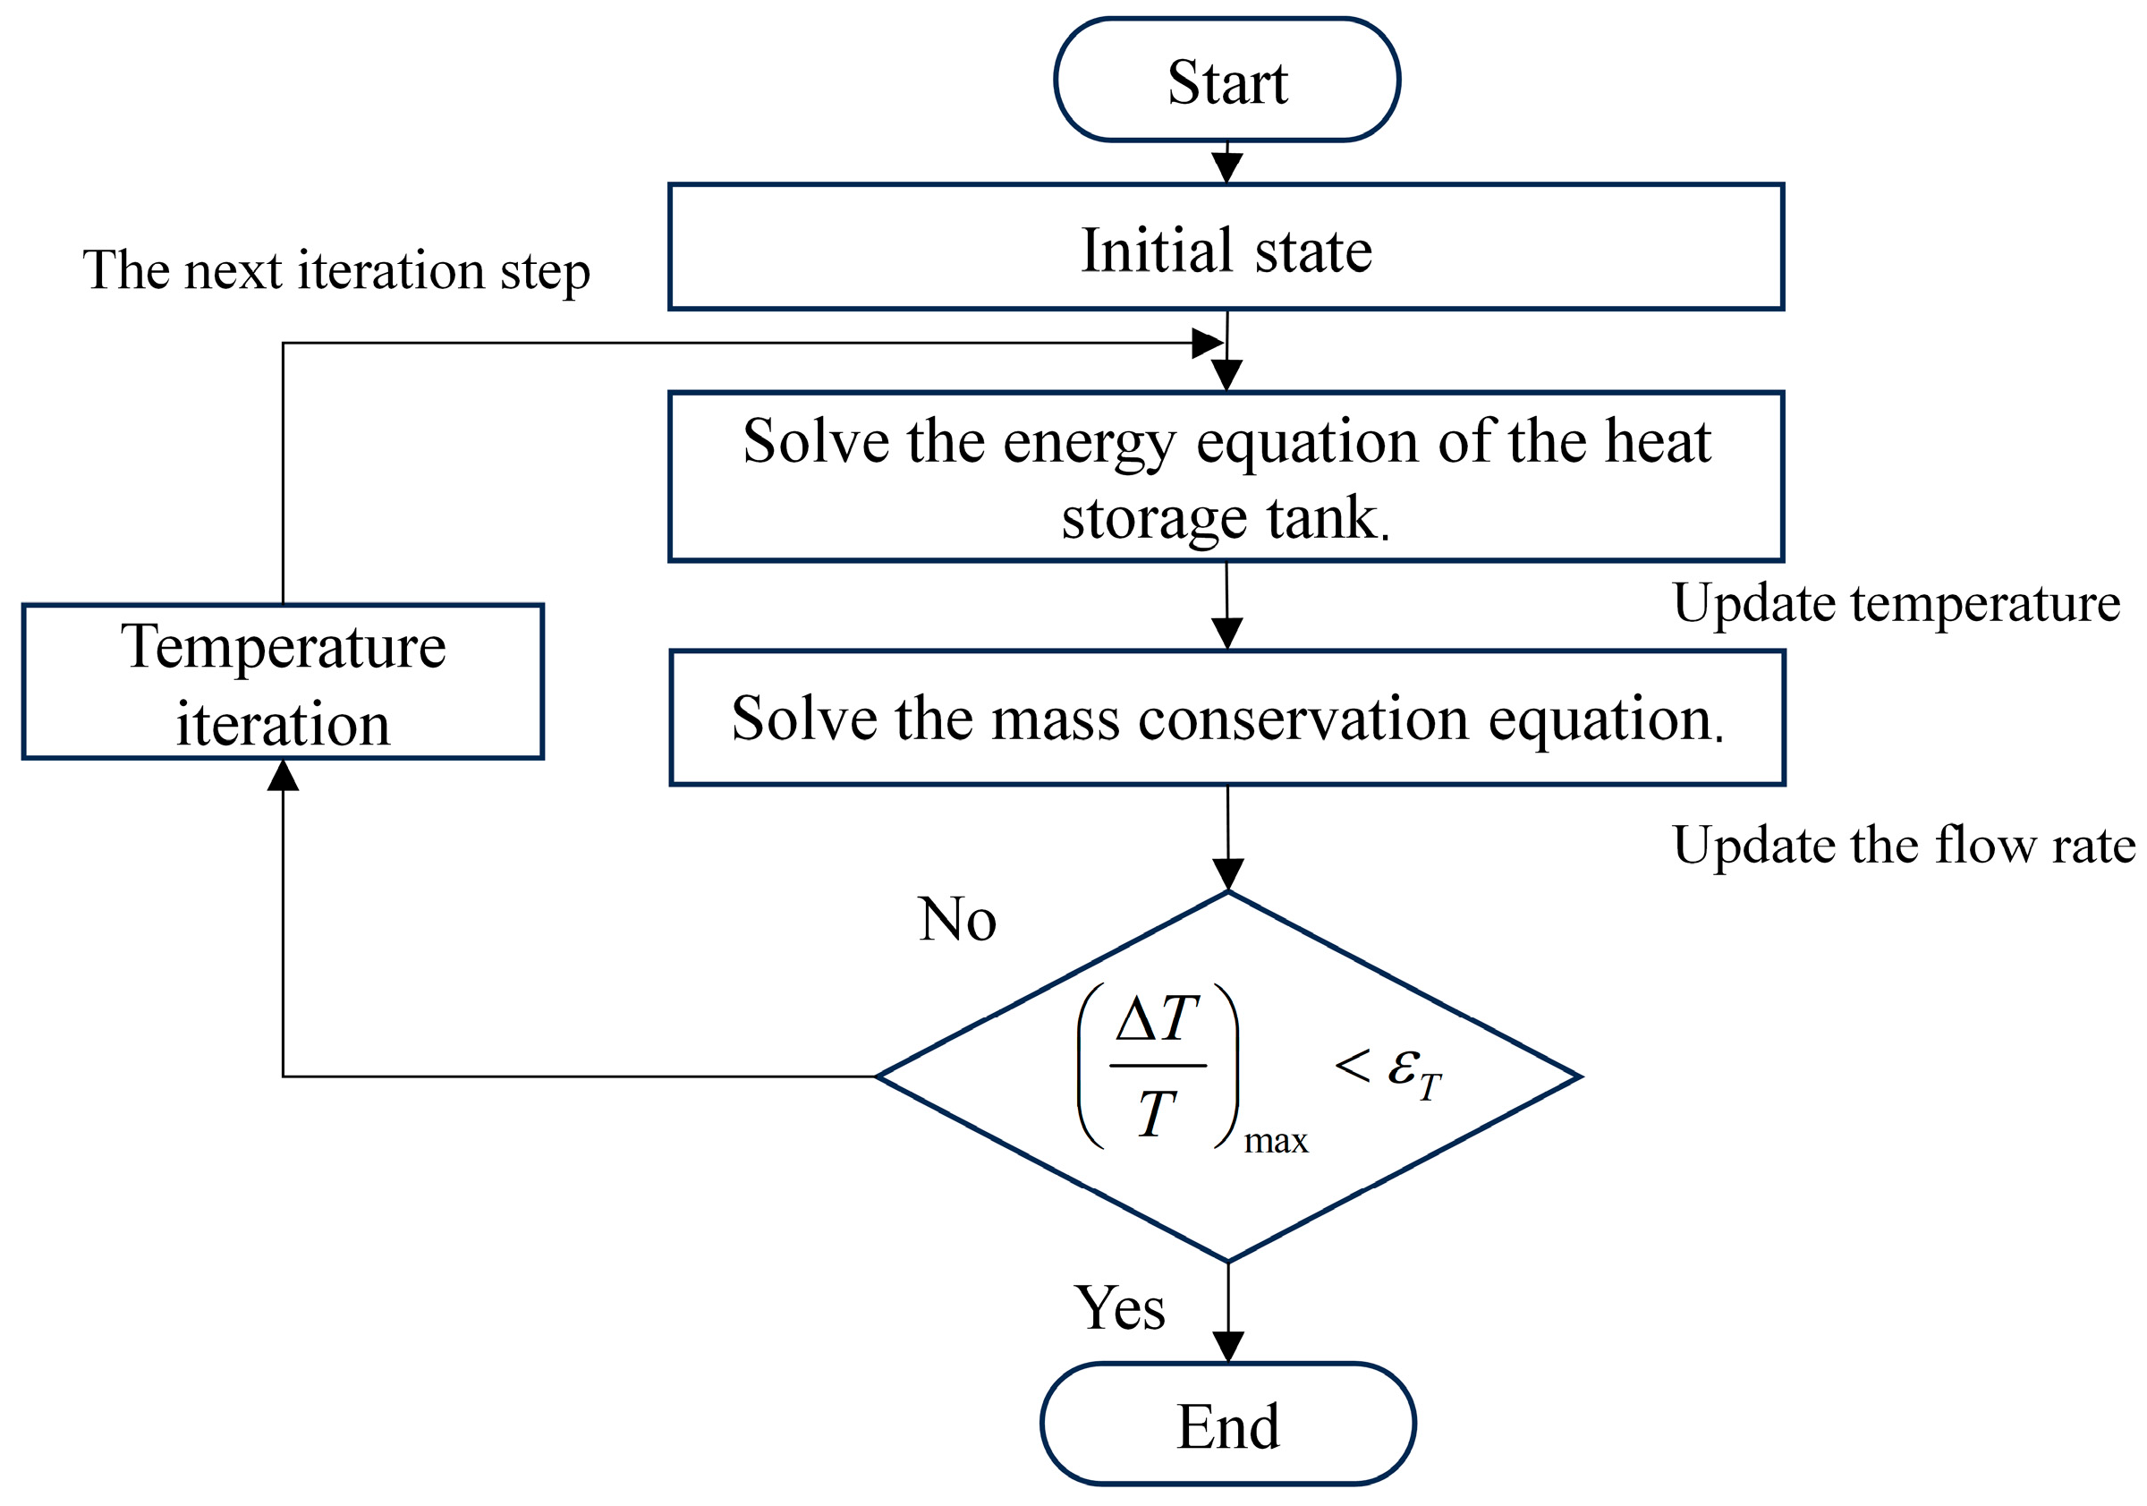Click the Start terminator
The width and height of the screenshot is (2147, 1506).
tap(1226, 80)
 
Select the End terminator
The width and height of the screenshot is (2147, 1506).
tap(1227, 1425)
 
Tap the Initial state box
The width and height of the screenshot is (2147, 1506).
tap(1226, 247)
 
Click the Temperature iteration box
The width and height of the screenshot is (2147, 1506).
tap(283, 682)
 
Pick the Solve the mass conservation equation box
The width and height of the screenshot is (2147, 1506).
tap(1226, 718)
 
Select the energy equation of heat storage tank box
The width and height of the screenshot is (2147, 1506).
tap(1226, 476)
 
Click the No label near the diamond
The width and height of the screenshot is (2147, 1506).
tap(956, 920)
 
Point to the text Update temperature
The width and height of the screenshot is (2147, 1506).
tap(1897, 603)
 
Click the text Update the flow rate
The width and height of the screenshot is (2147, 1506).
tap(1904, 846)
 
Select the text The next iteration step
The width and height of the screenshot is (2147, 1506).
tap(336, 271)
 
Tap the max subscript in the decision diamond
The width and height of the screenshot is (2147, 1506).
tap(1276, 1142)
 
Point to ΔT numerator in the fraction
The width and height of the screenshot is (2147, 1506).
tap(1158, 1018)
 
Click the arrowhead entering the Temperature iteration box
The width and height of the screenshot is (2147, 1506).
tap(283, 776)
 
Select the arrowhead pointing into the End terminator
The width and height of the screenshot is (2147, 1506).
tap(1227, 1347)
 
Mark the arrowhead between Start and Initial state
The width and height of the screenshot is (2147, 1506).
tap(1226, 167)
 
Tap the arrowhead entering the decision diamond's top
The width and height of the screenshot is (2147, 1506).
tap(1227, 874)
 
